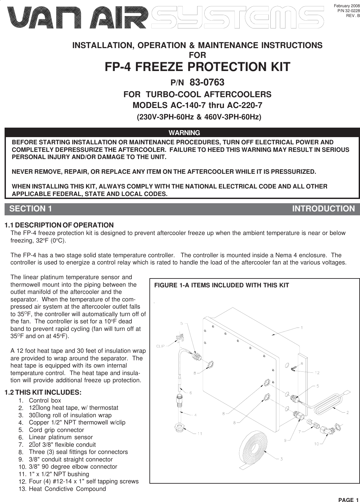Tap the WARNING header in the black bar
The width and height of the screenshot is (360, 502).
coord(184,133)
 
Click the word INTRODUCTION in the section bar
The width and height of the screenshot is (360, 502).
coord(323,209)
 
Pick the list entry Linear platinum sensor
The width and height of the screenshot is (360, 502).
coord(61,437)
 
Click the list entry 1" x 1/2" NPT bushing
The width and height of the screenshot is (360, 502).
coord(59,474)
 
